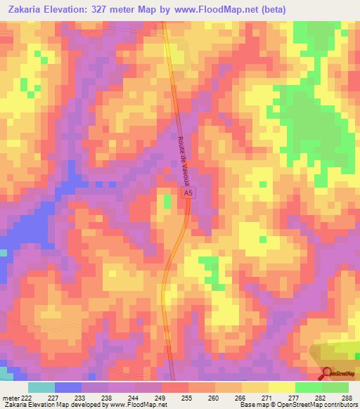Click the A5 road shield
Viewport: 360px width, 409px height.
[187, 192]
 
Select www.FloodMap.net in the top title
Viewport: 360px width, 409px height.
[229, 9]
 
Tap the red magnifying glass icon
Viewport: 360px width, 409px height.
[328, 374]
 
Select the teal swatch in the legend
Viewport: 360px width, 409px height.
[41, 387]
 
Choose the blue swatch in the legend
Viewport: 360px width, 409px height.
[67, 387]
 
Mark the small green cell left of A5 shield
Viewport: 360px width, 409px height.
[167, 202]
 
